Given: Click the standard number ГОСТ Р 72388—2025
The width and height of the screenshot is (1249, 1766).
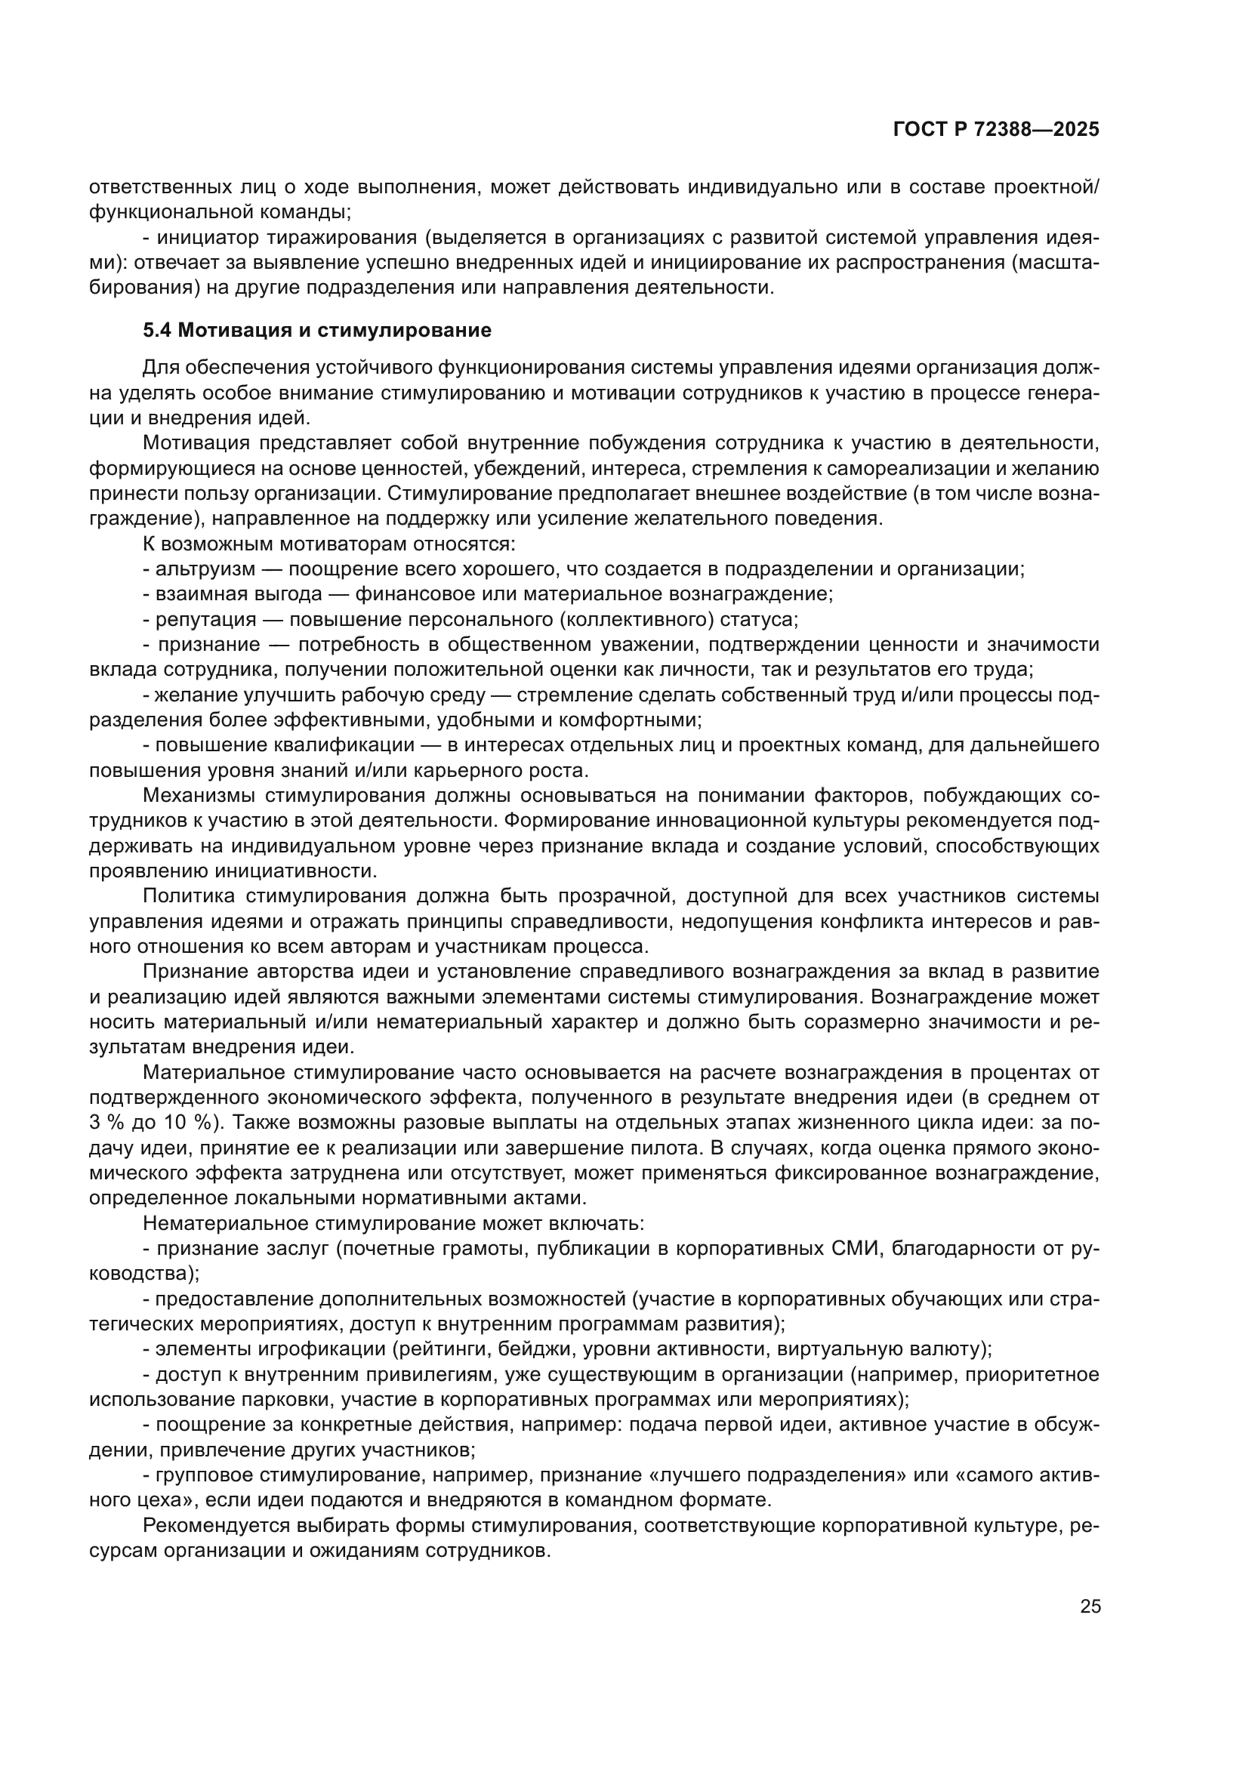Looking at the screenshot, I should point(996,130).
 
